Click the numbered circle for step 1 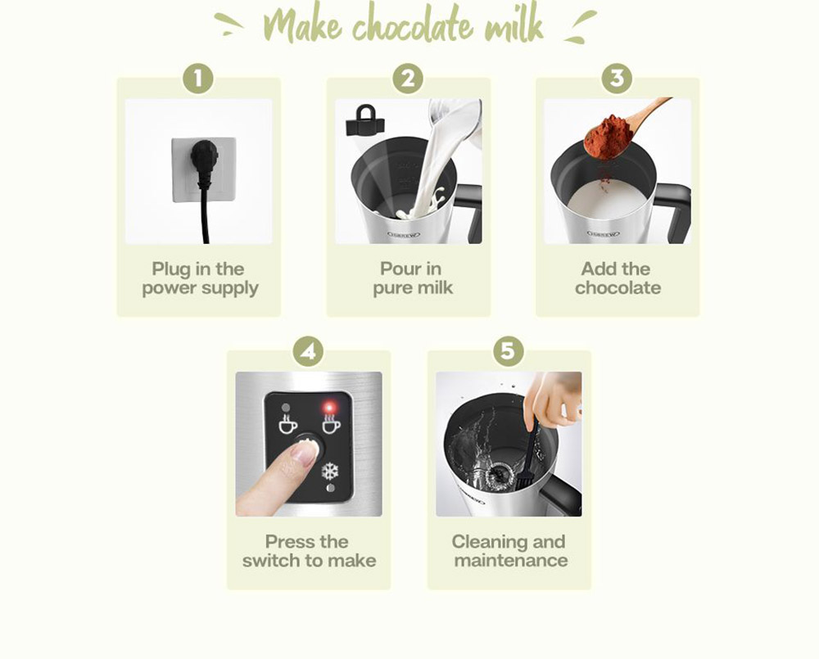pyautogui.click(x=198, y=79)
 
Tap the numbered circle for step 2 pyautogui.click(x=408, y=79)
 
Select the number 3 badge pyautogui.click(x=617, y=79)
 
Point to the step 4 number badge pyautogui.click(x=308, y=351)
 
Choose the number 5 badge pyautogui.click(x=509, y=350)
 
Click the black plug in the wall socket pyautogui.click(x=203, y=156)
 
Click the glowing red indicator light pyautogui.click(x=329, y=407)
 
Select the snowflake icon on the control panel pyautogui.click(x=330, y=472)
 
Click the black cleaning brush pyautogui.click(x=527, y=455)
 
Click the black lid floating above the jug pyautogui.click(x=365, y=120)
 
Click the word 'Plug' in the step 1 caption pyautogui.click(x=172, y=270)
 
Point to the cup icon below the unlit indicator pyautogui.click(x=287, y=424)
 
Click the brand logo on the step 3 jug pyautogui.click(x=604, y=234)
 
